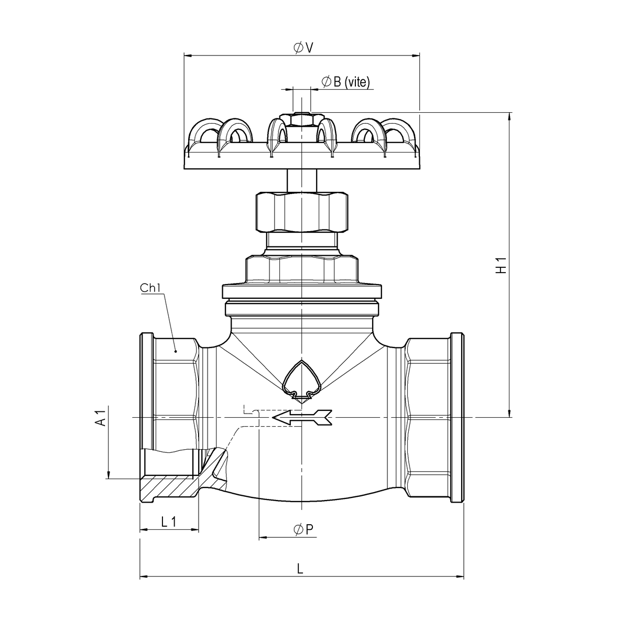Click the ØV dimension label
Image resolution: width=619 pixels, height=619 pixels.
click(303, 48)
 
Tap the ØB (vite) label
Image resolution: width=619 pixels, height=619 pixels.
click(346, 82)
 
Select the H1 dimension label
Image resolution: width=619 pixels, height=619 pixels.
click(501, 265)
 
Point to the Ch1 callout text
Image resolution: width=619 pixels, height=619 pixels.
click(150, 288)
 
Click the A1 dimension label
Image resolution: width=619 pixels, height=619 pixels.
click(101, 417)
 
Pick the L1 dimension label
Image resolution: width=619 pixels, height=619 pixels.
click(169, 522)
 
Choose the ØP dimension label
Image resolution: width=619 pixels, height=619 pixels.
click(303, 529)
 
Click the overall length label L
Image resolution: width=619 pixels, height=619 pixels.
click(300, 569)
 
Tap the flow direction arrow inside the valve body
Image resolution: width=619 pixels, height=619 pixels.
click(302, 417)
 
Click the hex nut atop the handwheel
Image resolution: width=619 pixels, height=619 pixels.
click(301, 120)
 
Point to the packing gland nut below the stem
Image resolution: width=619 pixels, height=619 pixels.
click(302, 212)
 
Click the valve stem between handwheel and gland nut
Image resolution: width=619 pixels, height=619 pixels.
click(302, 180)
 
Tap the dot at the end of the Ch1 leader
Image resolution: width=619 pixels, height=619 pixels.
click(176, 351)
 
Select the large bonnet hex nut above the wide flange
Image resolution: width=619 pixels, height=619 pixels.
click(302, 270)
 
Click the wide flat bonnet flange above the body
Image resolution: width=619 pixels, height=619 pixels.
click(302, 291)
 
